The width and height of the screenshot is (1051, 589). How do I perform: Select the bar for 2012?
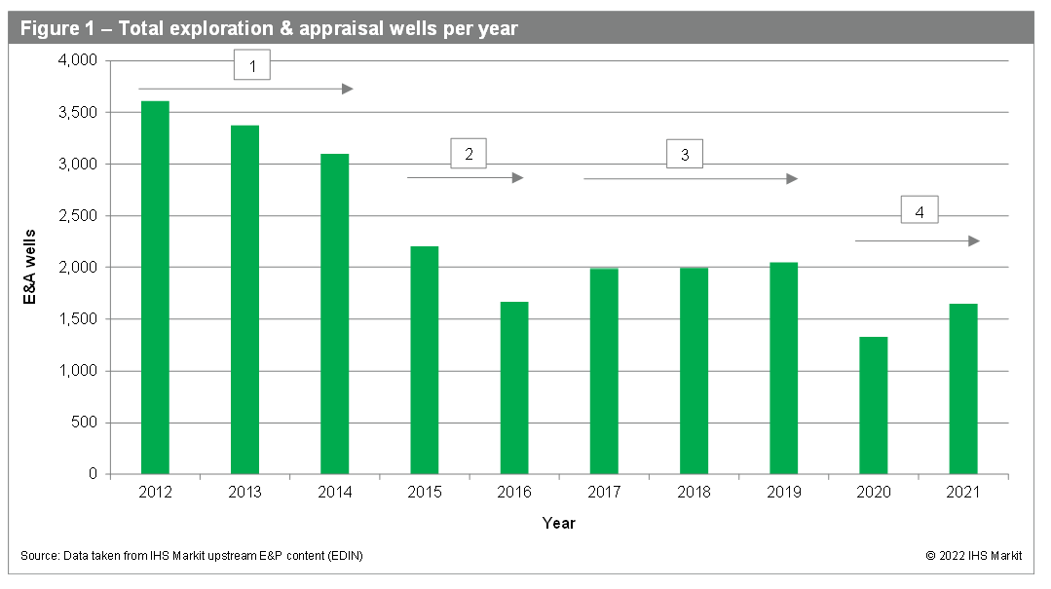[155, 287]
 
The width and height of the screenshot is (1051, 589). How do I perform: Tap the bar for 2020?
[873, 405]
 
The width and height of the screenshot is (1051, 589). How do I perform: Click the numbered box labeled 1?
[252, 66]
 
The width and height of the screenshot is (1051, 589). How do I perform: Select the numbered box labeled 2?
[469, 154]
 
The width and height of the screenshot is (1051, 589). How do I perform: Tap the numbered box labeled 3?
[685, 154]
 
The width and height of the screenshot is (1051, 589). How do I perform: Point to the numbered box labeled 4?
[919, 211]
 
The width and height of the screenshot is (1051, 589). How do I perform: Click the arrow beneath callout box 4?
[917, 240]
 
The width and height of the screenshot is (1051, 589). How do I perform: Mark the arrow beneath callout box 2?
[465, 178]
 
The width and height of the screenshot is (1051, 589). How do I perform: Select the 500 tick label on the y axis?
[87, 423]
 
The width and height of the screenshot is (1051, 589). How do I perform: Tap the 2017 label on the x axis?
[603, 493]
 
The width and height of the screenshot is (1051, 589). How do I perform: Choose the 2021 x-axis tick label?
[962, 493]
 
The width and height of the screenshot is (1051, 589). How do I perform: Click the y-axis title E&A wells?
[31, 267]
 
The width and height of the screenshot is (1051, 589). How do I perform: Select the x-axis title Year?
[559, 524]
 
